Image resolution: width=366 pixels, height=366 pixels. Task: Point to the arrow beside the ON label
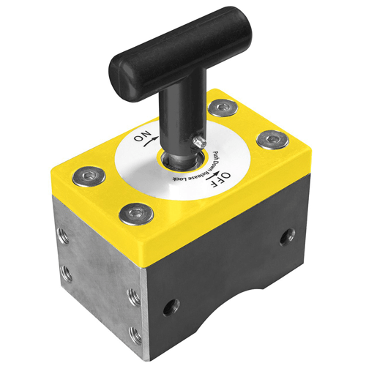click(x=149, y=141)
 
